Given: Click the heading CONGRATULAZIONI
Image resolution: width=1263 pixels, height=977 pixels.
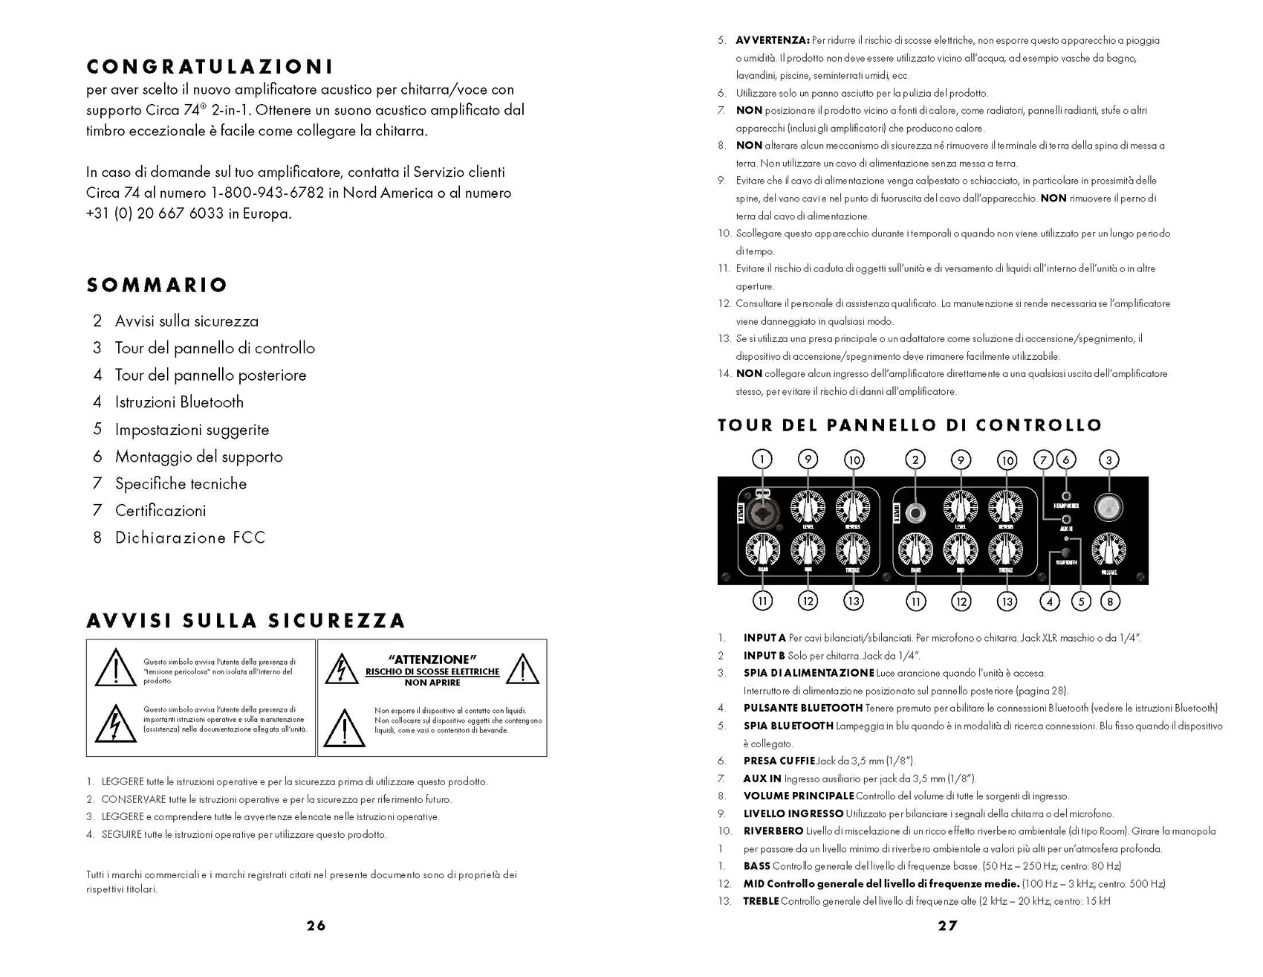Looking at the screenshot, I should pyautogui.click(x=210, y=67).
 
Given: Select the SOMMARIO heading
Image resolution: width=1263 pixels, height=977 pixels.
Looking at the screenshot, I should pyautogui.click(x=157, y=285).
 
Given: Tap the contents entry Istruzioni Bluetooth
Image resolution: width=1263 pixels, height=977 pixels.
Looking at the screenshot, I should pyautogui.click(x=179, y=402).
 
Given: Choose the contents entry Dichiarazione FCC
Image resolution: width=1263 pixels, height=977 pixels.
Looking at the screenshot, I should pyautogui.click(x=189, y=538).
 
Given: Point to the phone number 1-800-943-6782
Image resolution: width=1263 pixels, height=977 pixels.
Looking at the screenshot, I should pyautogui.click(x=267, y=193).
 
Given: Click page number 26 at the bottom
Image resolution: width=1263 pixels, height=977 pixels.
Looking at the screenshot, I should pyautogui.click(x=316, y=926).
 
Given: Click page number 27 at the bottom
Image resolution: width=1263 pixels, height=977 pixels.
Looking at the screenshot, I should pyautogui.click(x=947, y=926).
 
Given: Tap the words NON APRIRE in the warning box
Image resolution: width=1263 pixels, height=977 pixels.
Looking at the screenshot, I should pyautogui.click(x=432, y=683).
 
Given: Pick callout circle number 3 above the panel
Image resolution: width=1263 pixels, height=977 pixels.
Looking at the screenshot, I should pyautogui.click(x=1108, y=460).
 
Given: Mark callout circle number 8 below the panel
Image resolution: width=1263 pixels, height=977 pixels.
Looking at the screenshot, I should pyautogui.click(x=1109, y=601).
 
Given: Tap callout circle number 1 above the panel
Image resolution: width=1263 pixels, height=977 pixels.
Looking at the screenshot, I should pyautogui.click(x=762, y=460).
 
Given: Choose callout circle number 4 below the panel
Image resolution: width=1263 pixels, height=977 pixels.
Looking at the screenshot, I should pyautogui.click(x=1049, y=601).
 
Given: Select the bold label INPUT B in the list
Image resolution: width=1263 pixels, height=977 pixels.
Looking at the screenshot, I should pyautogui.click(x=764, y=656).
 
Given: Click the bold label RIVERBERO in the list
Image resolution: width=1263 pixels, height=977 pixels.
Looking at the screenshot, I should pyautogui.click(x=773, y=831).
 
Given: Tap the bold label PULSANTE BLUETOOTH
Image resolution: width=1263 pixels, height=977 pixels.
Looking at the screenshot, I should pyautogui.click(x=802, y=709).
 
